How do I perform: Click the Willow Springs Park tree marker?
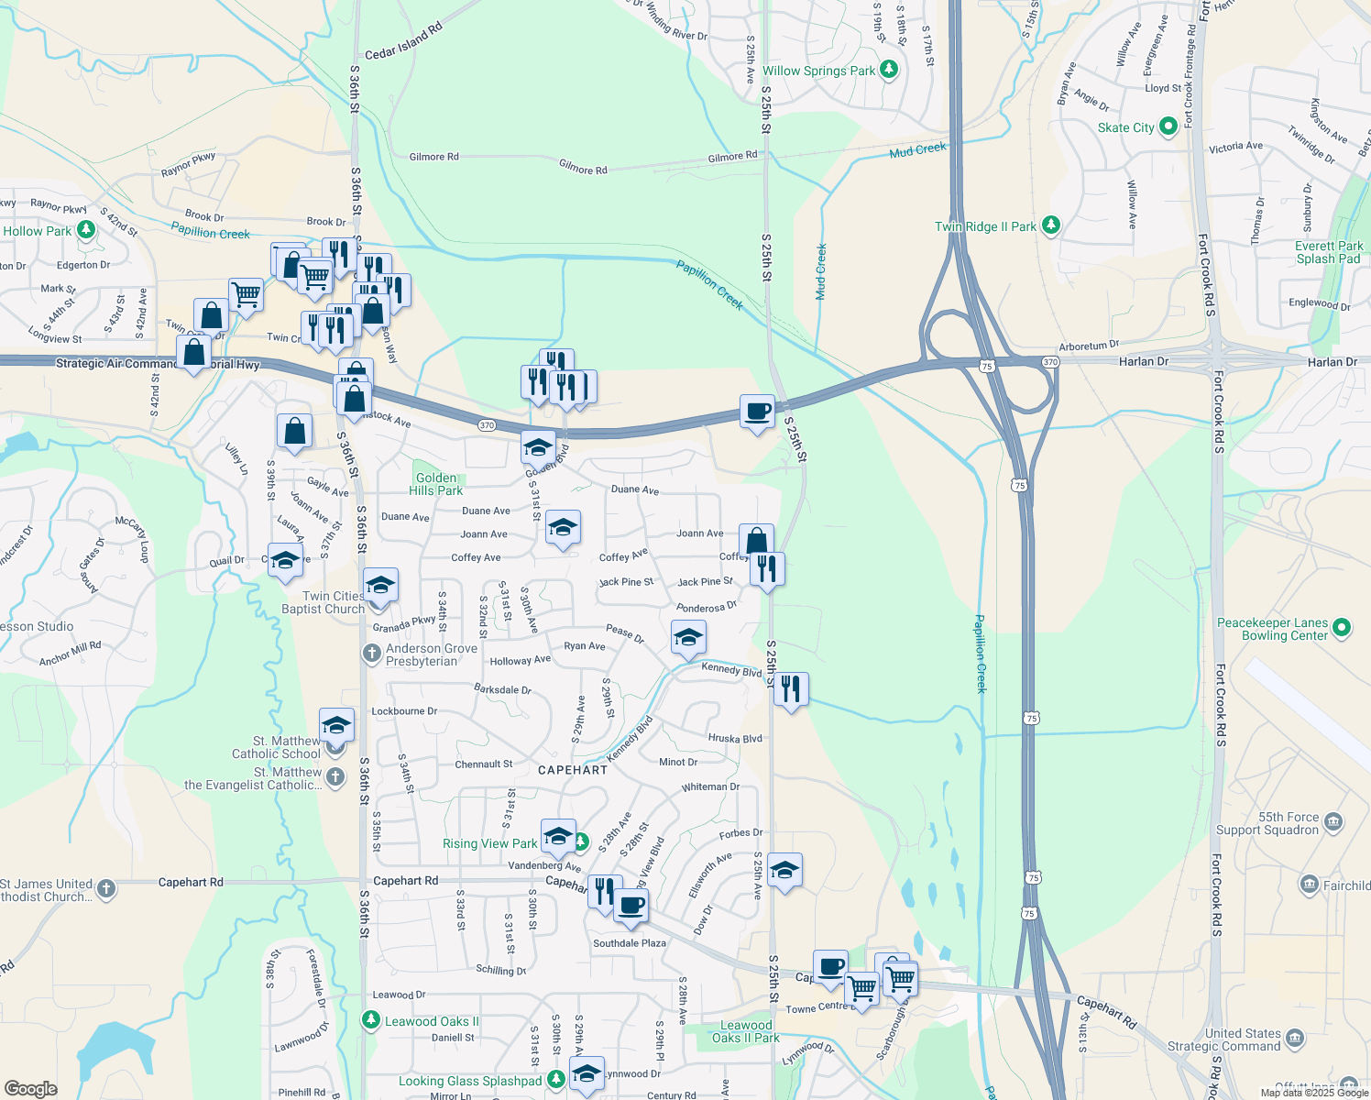pos(888,70)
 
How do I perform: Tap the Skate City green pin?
pos(1168,126)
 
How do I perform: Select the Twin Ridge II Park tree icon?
pos(1051,225)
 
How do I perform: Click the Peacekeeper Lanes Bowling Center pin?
pos(1342,628)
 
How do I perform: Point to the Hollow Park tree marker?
pos(86,229)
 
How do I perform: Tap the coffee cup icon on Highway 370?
pos(757,412)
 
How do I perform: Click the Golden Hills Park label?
pos(435,484)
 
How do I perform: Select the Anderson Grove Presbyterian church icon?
pos(371,654)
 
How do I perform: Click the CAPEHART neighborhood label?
pos(572,770)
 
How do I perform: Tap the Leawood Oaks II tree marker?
pos(370,1019)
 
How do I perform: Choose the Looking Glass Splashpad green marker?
pos(556,1081)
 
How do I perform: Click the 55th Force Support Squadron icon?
pos(1333,821)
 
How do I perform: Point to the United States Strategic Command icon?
pos(1295,1038)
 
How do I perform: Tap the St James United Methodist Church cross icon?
pos(106,888)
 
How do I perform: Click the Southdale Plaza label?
pos(630,943)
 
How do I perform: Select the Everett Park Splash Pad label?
pos(1329,252)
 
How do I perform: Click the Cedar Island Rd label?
pos(403,41)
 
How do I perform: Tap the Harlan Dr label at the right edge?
pos(1332,362)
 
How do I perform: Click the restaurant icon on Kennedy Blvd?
pos(791,688)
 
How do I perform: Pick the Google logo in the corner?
pos(30,1088)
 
